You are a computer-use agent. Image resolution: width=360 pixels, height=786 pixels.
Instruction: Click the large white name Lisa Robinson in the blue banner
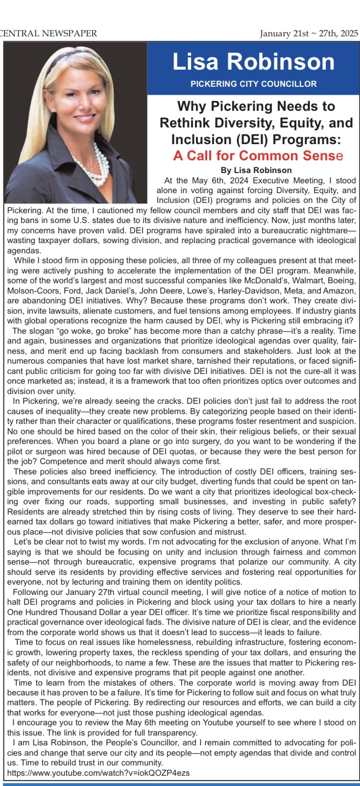point(253,62)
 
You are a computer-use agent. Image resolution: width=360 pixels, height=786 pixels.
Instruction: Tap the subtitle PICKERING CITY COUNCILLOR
point(253,84)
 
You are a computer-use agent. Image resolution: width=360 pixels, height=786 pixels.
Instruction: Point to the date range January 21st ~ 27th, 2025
point(309,33)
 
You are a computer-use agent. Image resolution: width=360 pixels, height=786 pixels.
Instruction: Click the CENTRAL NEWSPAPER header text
point(49,33)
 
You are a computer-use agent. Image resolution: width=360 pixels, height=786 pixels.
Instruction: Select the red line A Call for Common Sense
point(258,156)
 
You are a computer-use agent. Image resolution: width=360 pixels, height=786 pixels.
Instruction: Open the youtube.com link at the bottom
point(98,773)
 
